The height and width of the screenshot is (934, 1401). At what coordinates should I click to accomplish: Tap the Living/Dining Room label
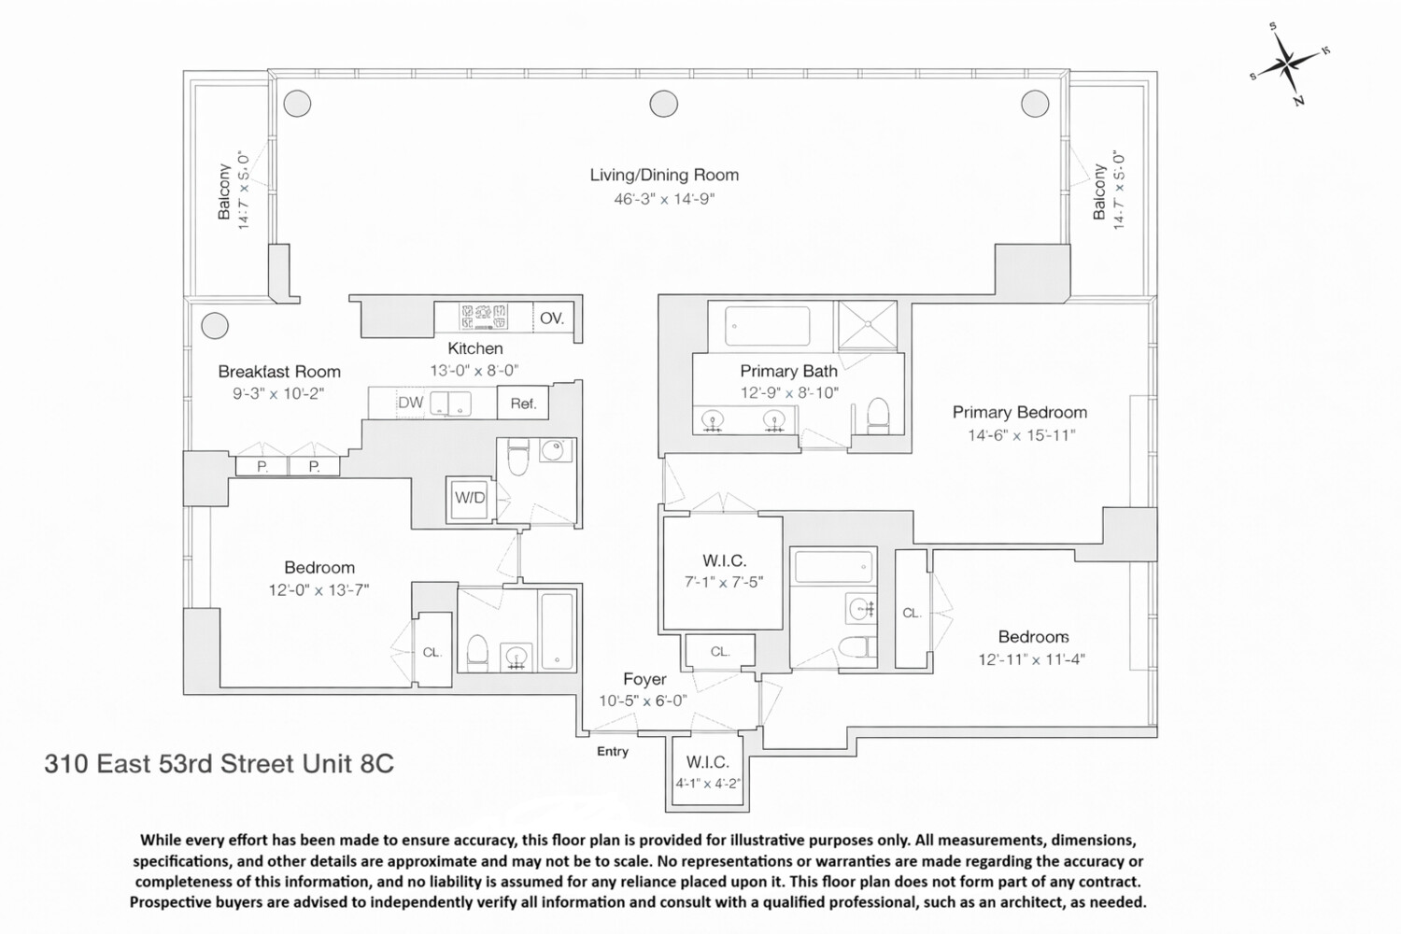pyautogui.click(x=663, y=175)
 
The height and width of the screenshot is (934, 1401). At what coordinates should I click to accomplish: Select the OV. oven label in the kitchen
pyautogui.click(x=551, y=318)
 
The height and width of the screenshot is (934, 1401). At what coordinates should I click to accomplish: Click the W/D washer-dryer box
pyautogui.click(x=470, y=498)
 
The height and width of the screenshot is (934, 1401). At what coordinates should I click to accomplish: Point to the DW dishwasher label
pyautogui.click(x=410, y=403)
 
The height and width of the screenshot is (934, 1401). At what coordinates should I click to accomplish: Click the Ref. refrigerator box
pyautogui.click(x=523, y=403)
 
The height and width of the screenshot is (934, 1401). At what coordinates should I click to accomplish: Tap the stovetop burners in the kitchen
pyautogui.click(x=484, y=317)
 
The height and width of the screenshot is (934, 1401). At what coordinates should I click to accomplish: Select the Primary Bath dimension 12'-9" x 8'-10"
pyautogui.click(x=789, y=393)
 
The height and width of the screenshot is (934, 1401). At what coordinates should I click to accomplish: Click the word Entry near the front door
pyautogui.click(x=613, y=751)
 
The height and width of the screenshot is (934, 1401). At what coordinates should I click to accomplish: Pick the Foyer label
pyautogui.click(x=644, y=679)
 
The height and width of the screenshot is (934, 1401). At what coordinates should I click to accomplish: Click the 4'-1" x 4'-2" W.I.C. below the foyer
pyautogui.click(x=708, y=784)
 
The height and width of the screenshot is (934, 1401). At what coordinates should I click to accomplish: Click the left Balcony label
pyautogui.click(x=224, y=192)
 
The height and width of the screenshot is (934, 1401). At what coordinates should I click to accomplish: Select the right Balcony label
pyautogui.click(x=1099, y=192)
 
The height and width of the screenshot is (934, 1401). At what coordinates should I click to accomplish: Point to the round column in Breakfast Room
pyautogui.click(x=215, y=325)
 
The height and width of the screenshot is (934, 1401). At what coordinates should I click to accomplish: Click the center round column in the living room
pyautogui.click(x=663, y=103)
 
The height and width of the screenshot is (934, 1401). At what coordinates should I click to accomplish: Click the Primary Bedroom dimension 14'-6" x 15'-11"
pyautogui.click(x=1021, y=434)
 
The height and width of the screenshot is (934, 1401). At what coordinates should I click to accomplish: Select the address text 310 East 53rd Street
pyautogui.click(x=219, y=764)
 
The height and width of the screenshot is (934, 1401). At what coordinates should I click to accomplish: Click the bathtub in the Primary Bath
pyautogui.click(x=768, y=326)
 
